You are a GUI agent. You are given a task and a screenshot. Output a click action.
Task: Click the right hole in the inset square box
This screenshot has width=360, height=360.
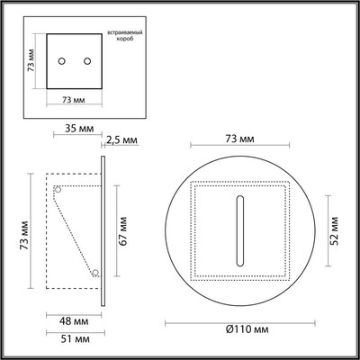tap(87, 60)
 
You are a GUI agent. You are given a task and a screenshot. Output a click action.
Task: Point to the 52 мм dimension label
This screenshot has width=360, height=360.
tap(333, 230)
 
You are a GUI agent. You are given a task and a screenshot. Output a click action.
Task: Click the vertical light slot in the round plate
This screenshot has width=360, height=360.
tap(240, 230)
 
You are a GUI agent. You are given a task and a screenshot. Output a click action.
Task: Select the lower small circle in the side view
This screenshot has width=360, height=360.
tap(94, 271)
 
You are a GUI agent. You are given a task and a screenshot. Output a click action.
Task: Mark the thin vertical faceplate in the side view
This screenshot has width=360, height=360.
tap(106, 230)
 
